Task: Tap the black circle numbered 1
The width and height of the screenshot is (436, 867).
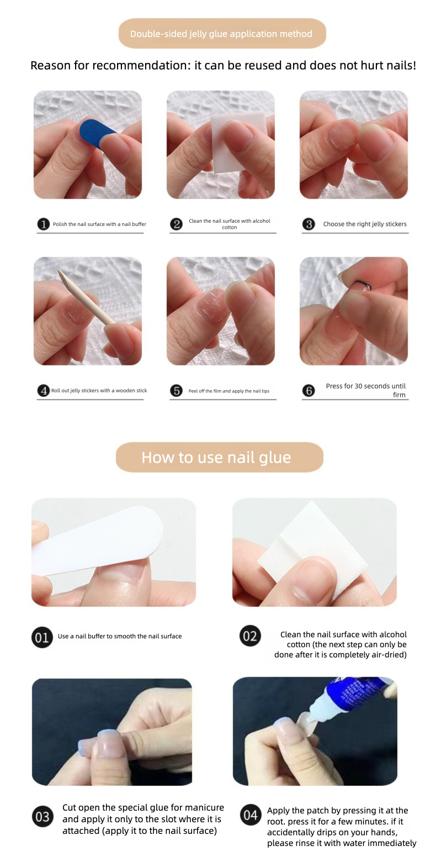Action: click(x=43, y=224)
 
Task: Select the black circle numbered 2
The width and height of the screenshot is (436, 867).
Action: click(x=176, y=224)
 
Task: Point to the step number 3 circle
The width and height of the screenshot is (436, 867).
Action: click(x=309, y=224)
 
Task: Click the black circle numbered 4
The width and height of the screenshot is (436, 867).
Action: click(x=43, y=390)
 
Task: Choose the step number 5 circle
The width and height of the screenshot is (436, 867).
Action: click(x=176, y=390)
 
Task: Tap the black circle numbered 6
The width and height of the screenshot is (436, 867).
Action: click(x=309, y=390)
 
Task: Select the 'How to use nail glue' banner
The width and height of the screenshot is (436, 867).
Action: click(x=219, y=457)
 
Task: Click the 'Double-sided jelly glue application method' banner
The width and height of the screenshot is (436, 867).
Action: click(x=222, y=33)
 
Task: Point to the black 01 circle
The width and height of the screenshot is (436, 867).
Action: click(x=42, y=637)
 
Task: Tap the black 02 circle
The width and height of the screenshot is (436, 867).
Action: click(x=250, y=636)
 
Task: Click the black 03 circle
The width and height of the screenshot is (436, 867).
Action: click(x=42, y=816)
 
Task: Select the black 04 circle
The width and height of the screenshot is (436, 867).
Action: click(x=251, y=815)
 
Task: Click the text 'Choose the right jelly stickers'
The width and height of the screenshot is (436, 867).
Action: click(x=364, y=224)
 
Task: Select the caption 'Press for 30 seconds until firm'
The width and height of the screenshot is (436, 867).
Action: click(x=365, y=390)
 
